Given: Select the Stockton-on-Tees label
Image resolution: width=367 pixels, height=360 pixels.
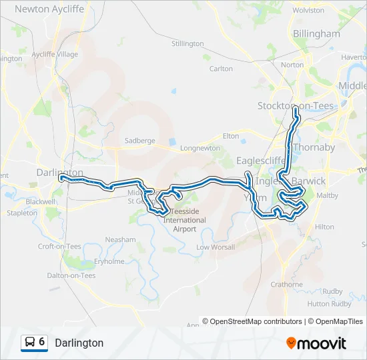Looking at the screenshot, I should point(295,105).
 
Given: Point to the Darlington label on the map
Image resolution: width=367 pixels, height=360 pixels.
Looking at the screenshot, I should point(59,172).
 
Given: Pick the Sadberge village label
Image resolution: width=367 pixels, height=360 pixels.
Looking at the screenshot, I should point(139,141).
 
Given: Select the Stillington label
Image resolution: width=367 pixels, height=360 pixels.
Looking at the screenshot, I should point(188,43).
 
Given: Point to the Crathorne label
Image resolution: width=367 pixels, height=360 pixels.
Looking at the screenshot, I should point(286,284).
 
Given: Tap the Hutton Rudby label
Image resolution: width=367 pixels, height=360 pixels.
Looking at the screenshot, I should point(329,303).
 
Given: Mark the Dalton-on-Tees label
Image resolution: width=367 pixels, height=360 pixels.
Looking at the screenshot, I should point(71,275).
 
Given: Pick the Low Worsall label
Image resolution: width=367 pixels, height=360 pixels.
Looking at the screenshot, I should point(216,247).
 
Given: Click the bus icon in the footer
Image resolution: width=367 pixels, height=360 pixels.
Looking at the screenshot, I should point(30,343).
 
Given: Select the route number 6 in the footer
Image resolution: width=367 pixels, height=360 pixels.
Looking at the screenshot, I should point(42,342).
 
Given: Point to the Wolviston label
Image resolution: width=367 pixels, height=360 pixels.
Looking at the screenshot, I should point(308,11).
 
